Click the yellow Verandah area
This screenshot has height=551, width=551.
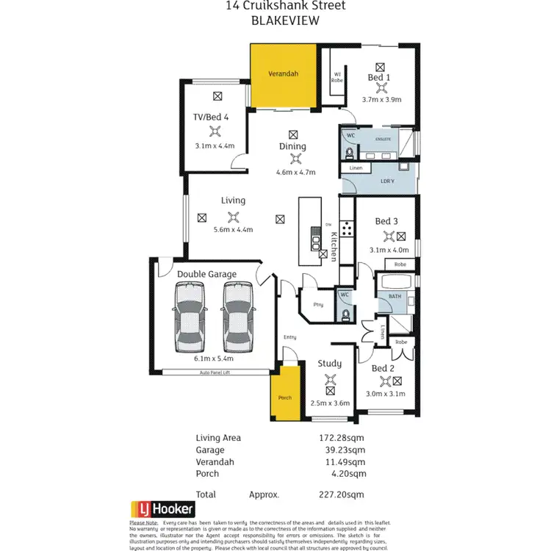(x=284, y=76)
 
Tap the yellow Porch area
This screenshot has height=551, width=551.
(x=285, y=397)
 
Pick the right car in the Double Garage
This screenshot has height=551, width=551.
(x=237, y=316)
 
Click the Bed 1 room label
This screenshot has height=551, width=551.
(x=379, y=77)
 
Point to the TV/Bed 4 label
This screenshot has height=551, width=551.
(x=212, y=116)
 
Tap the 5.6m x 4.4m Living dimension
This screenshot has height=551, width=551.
(x=233, y=229)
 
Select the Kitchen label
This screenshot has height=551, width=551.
(x=334, y=247)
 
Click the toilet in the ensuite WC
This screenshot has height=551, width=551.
(x=350, y=152)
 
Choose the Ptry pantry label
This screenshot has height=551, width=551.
(x=317, y=304)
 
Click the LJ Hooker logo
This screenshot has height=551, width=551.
(x=162, y=508)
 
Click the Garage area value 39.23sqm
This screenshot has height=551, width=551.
(x=347, y=450)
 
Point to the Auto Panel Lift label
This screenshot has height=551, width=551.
(x=215, y=372)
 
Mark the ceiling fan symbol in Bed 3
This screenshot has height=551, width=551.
(x=388, y=237)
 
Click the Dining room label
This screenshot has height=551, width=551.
(x=292, y=146)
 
